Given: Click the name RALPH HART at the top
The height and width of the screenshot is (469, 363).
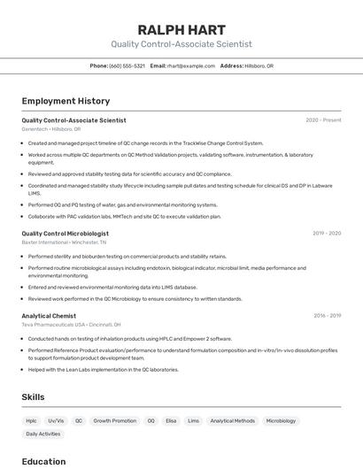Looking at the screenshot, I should click(x=181, y=29).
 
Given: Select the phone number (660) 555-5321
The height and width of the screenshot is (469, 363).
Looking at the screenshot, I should click(x=127, y=65).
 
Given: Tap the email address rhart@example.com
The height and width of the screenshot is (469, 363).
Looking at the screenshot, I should click(x=191, y=65).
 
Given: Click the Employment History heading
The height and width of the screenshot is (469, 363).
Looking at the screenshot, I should click(x=66, y=101).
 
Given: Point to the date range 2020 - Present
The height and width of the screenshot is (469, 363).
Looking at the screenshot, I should click(x=323, y=120).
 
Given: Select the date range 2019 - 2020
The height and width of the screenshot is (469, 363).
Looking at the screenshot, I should click(x=327, y=234).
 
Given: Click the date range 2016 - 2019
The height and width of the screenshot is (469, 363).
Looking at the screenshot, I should click(x=327, y=316).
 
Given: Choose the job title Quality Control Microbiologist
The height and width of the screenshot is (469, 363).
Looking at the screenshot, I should click(x=66, y=234).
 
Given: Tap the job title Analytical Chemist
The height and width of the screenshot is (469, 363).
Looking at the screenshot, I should click(x=49, y=316).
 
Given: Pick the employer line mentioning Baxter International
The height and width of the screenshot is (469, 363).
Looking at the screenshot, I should click(x=64, y=242).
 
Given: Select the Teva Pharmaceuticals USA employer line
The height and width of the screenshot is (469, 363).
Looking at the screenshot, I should click(x=72, y=325).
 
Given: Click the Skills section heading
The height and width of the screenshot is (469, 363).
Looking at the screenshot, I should click(x=33, y=397).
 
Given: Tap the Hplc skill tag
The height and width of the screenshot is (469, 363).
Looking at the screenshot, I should click(x=31, y=421).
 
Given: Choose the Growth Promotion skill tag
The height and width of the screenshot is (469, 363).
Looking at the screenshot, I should click(x=115, y=421).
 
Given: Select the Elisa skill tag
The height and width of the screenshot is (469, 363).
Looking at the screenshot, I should click(x=171, y=421).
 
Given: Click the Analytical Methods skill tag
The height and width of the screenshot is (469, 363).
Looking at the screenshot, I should click(x=233, y=421).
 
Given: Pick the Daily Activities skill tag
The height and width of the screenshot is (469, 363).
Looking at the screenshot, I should click(x=43, y=434).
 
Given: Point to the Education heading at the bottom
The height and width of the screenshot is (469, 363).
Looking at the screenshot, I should click(x=43, y=461).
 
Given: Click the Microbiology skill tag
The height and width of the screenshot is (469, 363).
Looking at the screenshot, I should click(x=282, y=421).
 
